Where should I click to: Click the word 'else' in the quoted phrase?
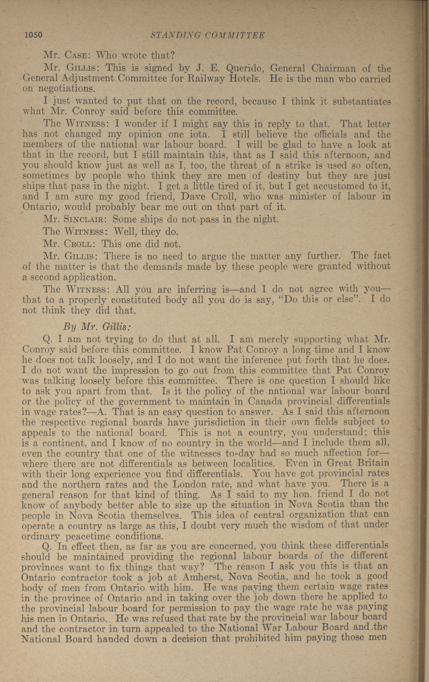pyautogui.click(x=347, y=299)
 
